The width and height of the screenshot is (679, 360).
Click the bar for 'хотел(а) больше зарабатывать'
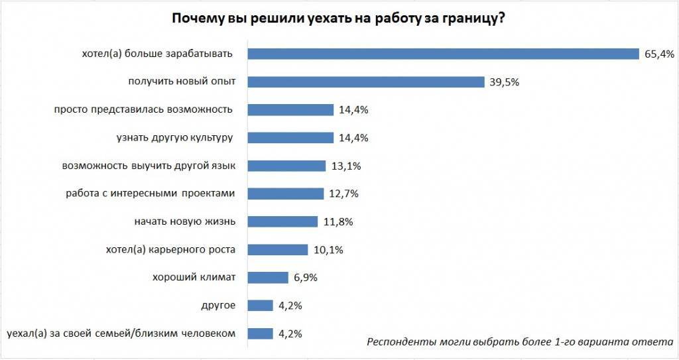442,54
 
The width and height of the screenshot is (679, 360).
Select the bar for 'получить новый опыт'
366,82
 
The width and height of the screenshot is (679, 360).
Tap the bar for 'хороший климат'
269,278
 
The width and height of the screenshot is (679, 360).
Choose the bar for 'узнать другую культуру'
290,138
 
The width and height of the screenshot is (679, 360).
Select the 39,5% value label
503,82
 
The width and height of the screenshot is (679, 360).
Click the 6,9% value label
305,278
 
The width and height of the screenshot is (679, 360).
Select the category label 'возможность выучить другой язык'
149,166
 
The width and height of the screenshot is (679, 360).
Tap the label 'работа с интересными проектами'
151,194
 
